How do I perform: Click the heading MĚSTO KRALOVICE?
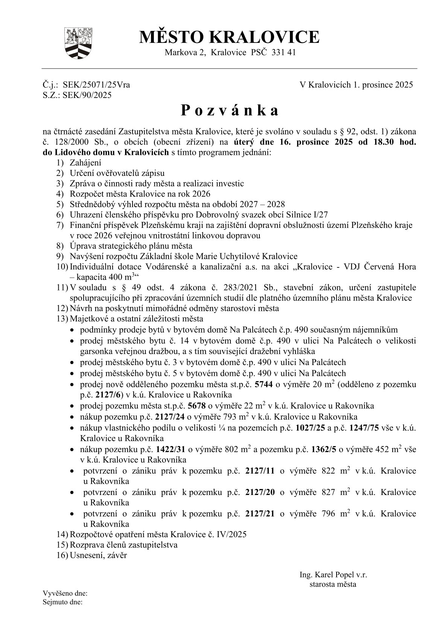(x=229, y=37)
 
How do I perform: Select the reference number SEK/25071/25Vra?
(x=96, y=85)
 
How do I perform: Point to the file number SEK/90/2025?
(x=87, y=95)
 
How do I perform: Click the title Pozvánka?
(x=230, y=110)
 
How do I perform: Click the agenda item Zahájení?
(x=85, y=163)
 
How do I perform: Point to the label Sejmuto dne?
(x=63, y=602)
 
